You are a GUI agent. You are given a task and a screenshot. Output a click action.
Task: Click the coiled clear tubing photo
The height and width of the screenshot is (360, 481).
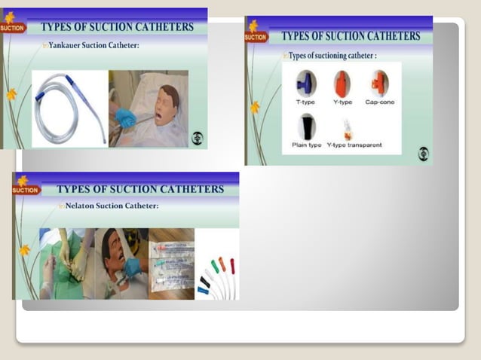point(69,109)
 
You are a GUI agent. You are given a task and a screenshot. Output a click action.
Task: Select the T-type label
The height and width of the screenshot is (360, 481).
point(305,102)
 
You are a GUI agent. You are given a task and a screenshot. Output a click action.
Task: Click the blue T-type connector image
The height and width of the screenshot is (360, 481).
point(305,83)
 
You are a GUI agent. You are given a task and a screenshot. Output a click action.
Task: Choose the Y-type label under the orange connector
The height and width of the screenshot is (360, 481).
point(342,102)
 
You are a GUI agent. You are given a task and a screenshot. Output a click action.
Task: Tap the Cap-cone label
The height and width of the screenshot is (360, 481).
point(379,102)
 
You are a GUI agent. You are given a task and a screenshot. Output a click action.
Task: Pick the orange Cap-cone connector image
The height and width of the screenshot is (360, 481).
point(379,83)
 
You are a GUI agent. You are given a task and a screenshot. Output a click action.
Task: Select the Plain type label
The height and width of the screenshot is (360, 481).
point(306,145)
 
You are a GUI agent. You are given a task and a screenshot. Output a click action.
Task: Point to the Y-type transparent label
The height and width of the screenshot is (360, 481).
point(354,145)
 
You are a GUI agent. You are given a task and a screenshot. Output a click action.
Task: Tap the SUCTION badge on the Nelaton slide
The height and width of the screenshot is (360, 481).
point(25,190)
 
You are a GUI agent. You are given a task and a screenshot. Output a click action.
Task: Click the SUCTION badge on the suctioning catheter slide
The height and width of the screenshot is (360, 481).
point(256,36)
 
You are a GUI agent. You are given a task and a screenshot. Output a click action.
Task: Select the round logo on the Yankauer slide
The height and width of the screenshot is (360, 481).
point(198,138)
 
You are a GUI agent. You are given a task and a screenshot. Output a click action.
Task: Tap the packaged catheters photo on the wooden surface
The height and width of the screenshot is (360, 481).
point(171,264)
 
